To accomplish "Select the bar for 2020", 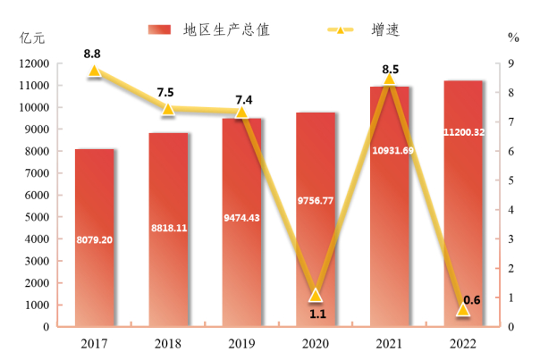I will tap(316, 220).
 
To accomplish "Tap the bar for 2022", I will tap(463, 204).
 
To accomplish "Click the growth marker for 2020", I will tap(316, 295).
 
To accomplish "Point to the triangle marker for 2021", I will tap(389, 79).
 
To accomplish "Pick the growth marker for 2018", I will tap(168, 108).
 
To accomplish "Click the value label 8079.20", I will tap(94, 239).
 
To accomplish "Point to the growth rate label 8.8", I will tap(92, 54).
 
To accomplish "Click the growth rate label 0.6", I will tap(473, 300).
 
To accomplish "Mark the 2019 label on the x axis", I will tap(241, 343).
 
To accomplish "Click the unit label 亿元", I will tap(30, 38).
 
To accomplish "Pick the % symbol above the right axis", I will tap(512, 38).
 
